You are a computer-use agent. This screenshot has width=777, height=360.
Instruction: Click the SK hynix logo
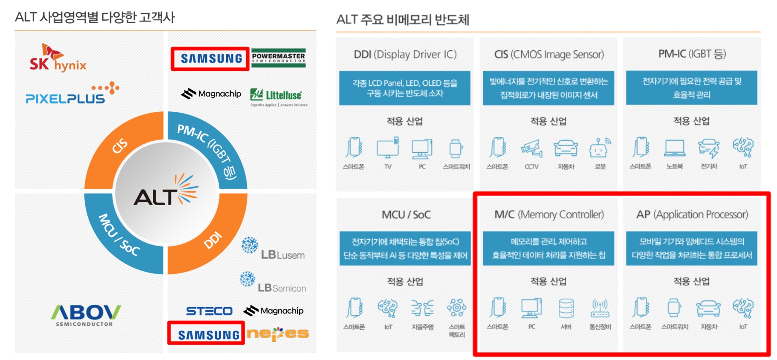58,58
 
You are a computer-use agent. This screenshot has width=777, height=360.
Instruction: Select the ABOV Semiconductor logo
86,315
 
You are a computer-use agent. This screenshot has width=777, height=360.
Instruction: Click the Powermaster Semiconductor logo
278,58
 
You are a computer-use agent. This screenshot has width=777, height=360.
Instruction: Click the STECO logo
209,311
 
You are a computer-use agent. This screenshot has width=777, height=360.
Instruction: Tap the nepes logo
278,334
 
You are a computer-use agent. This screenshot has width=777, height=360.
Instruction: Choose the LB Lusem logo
273,249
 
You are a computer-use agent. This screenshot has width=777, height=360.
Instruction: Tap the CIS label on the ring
119,146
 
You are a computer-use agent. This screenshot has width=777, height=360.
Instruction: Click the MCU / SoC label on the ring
119,235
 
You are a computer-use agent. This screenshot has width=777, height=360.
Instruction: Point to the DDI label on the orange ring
213,240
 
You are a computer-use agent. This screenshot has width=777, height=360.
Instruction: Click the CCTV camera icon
531,148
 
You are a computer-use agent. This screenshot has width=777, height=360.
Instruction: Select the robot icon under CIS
600,148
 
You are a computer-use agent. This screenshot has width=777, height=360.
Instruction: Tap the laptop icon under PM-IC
674,148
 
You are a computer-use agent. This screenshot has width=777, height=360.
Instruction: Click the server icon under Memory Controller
566,309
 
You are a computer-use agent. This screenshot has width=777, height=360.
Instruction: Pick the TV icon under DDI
387,148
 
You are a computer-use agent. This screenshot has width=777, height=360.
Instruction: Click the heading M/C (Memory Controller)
549,215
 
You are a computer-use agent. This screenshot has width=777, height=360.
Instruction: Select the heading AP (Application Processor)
692,215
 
